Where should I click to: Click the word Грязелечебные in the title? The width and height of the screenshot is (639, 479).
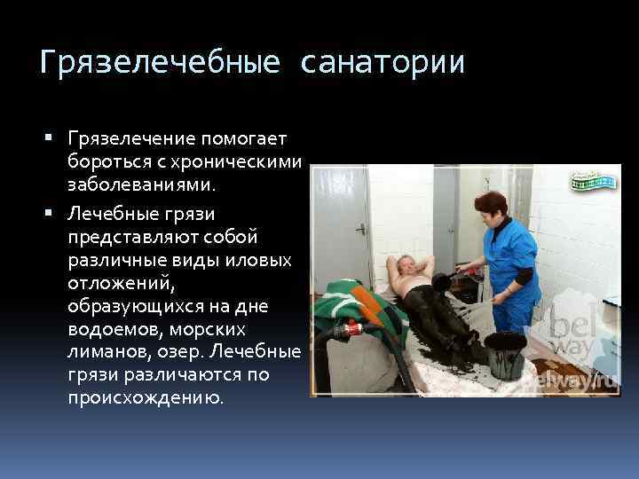(161, 63)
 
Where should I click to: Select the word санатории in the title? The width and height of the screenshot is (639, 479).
(383, 63)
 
